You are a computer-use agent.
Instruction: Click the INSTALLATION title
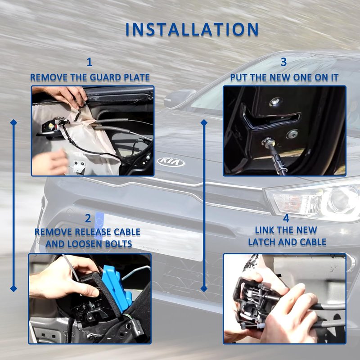pos(192,29)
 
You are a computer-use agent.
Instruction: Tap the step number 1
pos(90,62)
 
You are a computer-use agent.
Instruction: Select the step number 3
pos(284,62)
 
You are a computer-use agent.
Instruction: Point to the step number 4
pos(286,218)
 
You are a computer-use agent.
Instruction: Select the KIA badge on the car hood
pos(171,162)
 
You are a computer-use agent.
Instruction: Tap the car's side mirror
pos(179,98)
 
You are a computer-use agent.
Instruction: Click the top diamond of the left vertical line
pos(13,122)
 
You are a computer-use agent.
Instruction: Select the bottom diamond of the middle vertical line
pos(204,288)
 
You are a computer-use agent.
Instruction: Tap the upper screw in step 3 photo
pos(275,102)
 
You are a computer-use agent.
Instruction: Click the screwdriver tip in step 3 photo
pos(267,141)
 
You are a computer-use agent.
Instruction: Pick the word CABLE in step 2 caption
pos(127,232)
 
